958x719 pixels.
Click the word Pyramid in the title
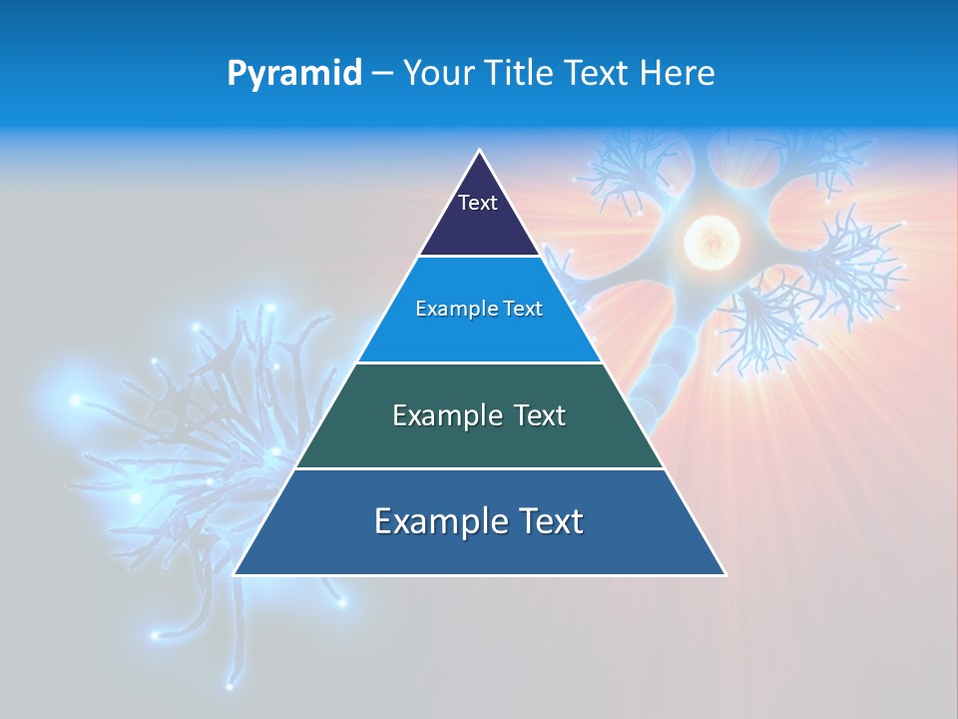293,73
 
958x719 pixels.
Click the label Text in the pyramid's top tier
478,203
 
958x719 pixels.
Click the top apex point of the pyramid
480,151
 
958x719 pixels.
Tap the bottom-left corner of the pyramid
235,574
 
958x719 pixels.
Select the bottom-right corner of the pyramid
725,574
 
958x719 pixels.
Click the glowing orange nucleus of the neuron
711,241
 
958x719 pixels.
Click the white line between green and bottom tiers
480,468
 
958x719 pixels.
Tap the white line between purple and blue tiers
480,257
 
